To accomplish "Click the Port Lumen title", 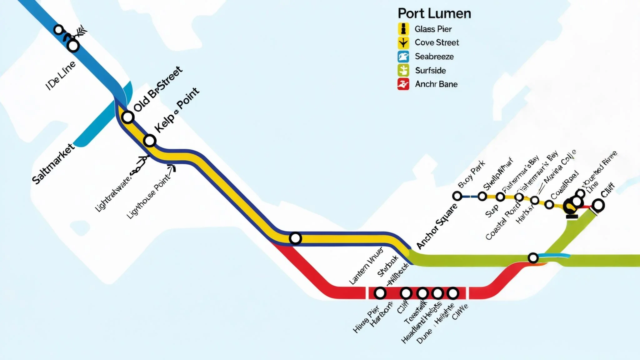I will (x=434, y=14).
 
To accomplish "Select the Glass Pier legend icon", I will (x=403, y=29).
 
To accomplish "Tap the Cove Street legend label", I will (x=437, y=42).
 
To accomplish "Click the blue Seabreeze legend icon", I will (x=403, y=57).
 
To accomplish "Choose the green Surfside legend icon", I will (x=403, y=70).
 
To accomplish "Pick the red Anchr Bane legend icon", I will (x=403, y=84).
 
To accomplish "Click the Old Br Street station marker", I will (x=128, y=117).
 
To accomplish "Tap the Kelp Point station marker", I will (x=150, y=141).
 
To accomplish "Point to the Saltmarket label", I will (x=53, y=164).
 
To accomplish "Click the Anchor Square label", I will (x=437, y=226).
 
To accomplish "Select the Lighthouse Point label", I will (x=149, y=196).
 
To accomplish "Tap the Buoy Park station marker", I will (x=457, y=196).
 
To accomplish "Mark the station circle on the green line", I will (x=533, y=258).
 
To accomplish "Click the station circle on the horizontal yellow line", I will (x=295, y=238).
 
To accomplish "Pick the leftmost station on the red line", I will (x=380, y=293).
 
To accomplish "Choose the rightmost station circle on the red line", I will (x=453, y=293).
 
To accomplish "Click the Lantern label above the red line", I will (x=366, y=266).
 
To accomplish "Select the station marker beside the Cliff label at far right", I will (x=598, y=205).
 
